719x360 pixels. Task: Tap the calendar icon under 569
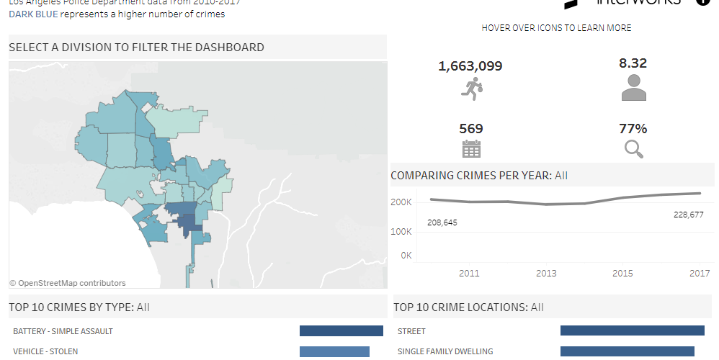click(x=471, y=149)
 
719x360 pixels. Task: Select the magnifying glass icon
click(x=633, y=149)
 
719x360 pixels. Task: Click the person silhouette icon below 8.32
click(x=633, y=88)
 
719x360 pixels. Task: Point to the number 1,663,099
click(x=470, y=66)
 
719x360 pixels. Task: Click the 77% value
click(x=633, y=129)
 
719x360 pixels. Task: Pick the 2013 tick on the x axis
click(x=546, y=273)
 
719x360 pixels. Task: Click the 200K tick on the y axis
click(x=402, y=202)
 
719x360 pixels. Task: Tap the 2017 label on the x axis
click(x=700, y=273)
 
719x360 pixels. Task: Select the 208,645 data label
click(x=442, y=222)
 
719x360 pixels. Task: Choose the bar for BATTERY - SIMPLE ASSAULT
click(x=341, y=331)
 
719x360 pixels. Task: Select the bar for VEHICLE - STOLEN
click(x=334, y=351)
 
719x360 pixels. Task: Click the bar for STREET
click(x=632, y=331)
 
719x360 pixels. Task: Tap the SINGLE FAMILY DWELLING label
click(x=445, y=351)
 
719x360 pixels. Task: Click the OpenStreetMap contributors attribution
click(x=68, y=283)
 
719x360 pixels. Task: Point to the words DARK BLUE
click(x=33, y=14)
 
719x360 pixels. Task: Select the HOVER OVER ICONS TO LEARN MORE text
click(x=556, y=28)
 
